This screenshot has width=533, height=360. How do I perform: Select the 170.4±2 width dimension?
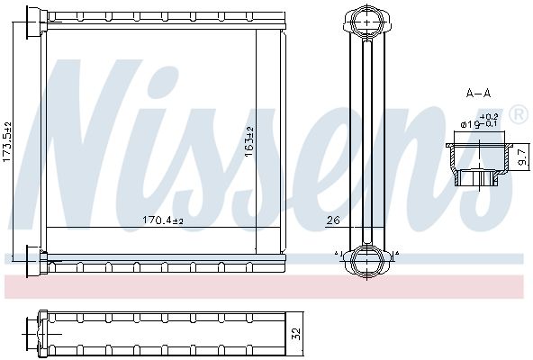pyautogui.click(x=164, y=220)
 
